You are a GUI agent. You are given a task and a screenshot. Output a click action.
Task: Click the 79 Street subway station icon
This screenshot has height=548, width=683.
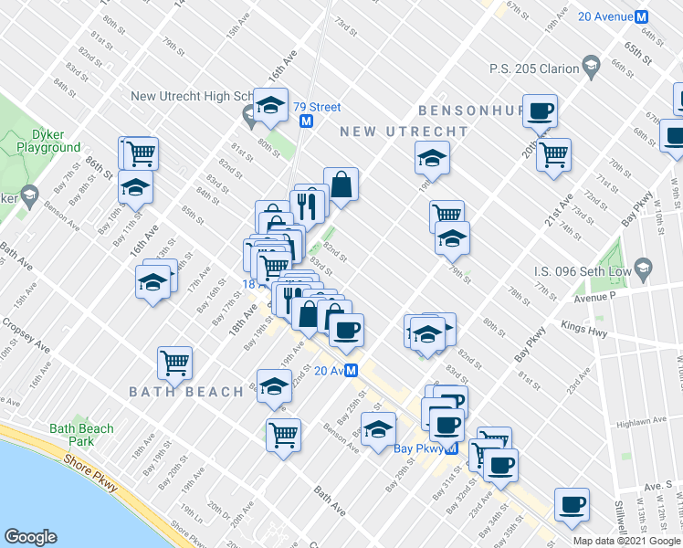point(307,121)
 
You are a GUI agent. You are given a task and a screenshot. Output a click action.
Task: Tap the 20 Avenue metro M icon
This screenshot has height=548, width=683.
point(641,16)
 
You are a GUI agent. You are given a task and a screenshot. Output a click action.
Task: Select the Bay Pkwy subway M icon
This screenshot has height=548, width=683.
point(451,448)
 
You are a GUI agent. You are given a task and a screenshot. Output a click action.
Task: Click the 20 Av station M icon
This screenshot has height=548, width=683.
point(350,370)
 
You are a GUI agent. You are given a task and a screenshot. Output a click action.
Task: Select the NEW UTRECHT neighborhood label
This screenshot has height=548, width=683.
point(404,132)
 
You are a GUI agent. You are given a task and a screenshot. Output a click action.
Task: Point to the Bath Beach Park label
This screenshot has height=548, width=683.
point(82,435)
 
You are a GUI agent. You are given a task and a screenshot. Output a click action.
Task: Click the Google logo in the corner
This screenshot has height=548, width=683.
point(31,536)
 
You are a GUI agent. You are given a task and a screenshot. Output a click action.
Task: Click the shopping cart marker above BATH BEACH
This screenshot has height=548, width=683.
point(174,362)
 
